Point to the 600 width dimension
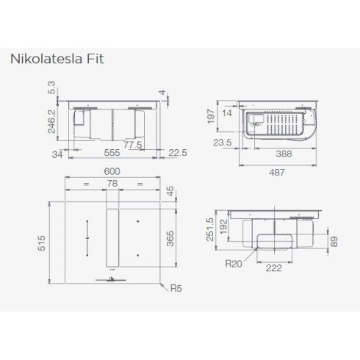pos(112,172)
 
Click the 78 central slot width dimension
pos(112,184)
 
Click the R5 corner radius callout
pos(176,289)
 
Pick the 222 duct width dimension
pos(274,268)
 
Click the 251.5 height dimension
pos(211,228)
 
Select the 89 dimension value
pos(335,242)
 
